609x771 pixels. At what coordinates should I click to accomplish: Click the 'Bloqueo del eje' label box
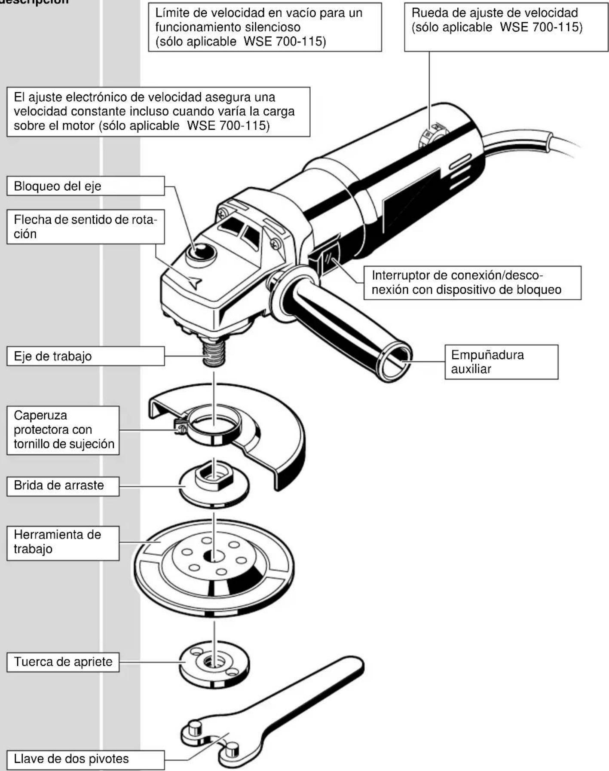(85, 186)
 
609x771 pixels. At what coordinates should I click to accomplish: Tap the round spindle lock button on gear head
(201, 253)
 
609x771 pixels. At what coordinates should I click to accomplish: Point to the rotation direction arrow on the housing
(195, 283)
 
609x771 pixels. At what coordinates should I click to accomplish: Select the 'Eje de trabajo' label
(85, 356)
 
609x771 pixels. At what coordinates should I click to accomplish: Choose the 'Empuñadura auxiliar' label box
(501, 362)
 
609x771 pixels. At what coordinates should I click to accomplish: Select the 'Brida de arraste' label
(63, 486)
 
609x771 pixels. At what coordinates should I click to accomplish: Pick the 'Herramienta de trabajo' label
(63, 542)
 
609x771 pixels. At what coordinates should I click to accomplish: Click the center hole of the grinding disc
(214, 557)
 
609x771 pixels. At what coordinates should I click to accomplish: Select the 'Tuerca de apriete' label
(63, 662)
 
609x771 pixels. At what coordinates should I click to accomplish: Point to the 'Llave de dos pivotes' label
(85, 759)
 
